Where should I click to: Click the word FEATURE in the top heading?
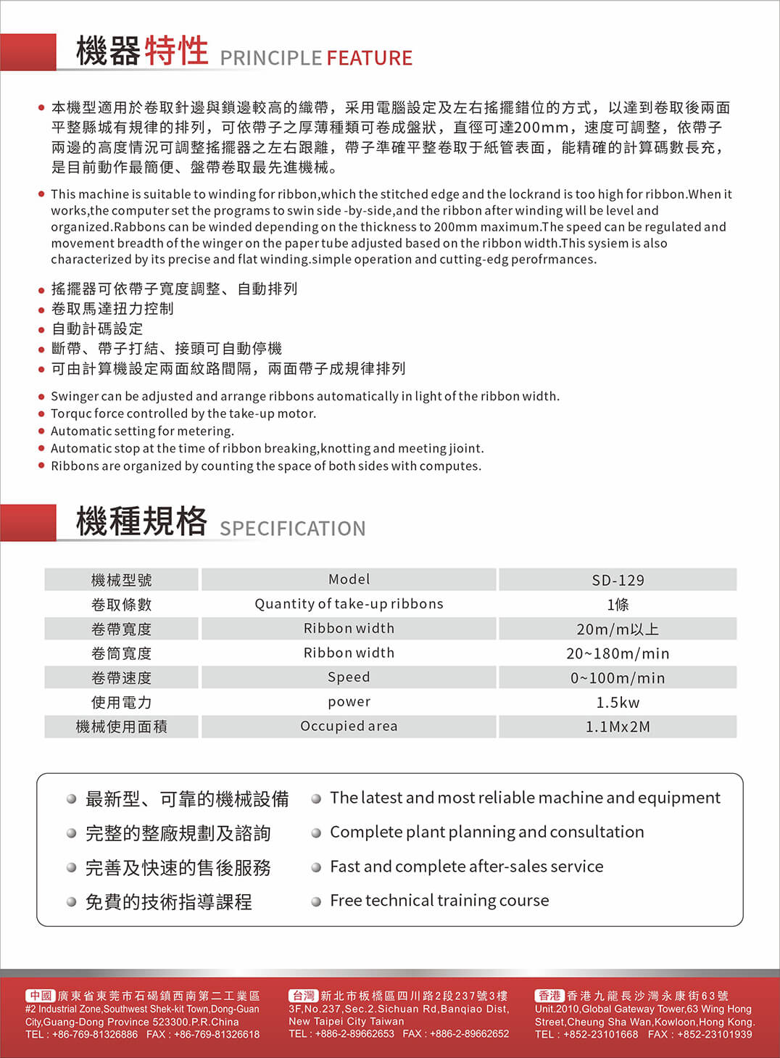pos(369,58)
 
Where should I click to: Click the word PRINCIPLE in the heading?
pos(270,58)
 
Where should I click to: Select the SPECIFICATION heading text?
pos(292,529)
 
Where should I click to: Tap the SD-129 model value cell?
pos(618,580)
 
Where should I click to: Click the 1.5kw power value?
pos(618,702)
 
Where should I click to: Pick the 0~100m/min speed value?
pos(618,678)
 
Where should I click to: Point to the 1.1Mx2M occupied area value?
pos(618,727)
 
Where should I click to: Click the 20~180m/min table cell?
pos(618,653)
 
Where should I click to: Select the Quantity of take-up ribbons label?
pos(349,604)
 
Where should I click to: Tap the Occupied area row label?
pos(349,726)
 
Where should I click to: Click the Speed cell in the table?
pos(349,677)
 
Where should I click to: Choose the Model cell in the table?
pos(349,579)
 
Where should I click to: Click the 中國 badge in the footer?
pos(41,996)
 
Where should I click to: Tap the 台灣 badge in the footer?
pos(304,996)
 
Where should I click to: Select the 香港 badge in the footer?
pos(549,996)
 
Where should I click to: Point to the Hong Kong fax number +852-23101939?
pos(715,1034)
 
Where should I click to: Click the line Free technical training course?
pos(439,901)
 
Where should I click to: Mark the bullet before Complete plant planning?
pos(316,833)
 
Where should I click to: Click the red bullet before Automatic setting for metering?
pos(41,431)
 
